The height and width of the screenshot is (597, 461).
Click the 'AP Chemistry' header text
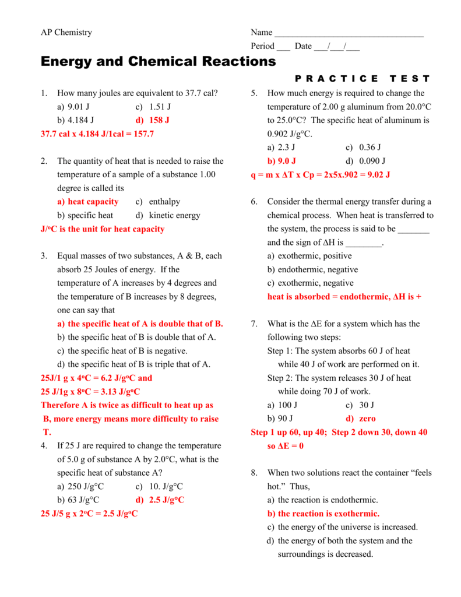(66, 33)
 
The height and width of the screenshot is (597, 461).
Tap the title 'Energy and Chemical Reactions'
(158, 61)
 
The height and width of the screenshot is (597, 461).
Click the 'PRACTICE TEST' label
(363, 79)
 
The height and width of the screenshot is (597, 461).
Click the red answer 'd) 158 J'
(152, 120)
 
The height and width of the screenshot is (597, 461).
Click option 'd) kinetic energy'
(167, 215)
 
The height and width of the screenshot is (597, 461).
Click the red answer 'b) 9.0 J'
(281, 161)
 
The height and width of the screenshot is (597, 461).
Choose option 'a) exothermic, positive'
(309, 256)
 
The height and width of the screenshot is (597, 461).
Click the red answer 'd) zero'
(360, 419)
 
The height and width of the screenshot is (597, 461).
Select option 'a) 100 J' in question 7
(282, 405)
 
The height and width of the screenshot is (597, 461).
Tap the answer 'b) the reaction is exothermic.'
(323, 514)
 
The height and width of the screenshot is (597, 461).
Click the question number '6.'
(254, 202)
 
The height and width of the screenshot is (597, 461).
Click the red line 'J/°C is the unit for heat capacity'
(103, 229)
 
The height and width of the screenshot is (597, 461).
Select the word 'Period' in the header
(262, 46)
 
